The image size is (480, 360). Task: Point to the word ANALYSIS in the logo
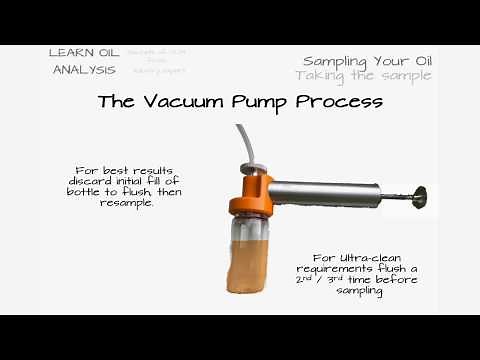pyautogui.click(x=85, y=70)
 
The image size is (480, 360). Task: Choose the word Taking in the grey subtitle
pyautogui.click(x=322, y=75)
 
